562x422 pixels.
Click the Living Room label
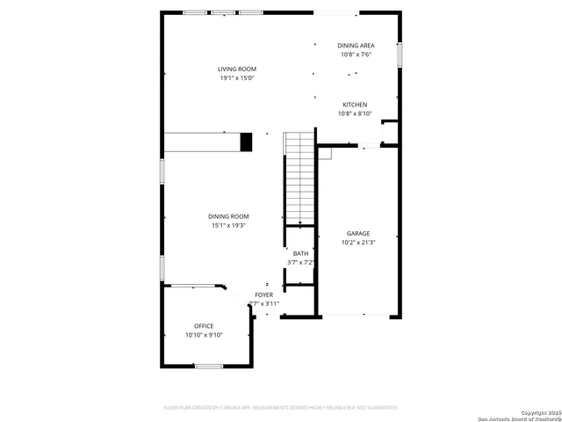coord(237,69)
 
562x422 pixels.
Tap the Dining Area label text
coord(356,45)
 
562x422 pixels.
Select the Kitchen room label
coord(355,105)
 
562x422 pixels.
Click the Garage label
coord(357,233)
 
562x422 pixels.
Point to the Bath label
coord(300,253)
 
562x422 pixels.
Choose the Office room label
coord(204,326)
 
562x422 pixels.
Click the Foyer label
coord(263,295)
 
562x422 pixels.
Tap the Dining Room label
coord(228,216)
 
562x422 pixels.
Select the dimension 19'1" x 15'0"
coord(237,78)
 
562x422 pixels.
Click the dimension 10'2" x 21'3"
coord(357,243)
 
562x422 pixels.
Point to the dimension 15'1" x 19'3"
coord(228,226)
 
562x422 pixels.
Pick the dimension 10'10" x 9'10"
coord(204,335)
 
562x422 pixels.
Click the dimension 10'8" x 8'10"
coord(355,113)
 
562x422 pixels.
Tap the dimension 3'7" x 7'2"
coord(300,262)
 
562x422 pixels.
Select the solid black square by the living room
coord(246,142)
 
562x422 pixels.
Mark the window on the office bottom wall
coord(208,366)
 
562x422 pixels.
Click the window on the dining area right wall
coord(399,55)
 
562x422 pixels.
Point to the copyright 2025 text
coord(538,411)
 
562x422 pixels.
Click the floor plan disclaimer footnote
coord(281,407)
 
